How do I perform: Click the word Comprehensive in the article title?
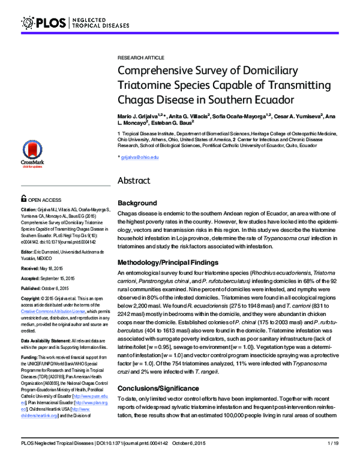(158, 70)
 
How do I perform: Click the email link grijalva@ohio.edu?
(140, 157)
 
